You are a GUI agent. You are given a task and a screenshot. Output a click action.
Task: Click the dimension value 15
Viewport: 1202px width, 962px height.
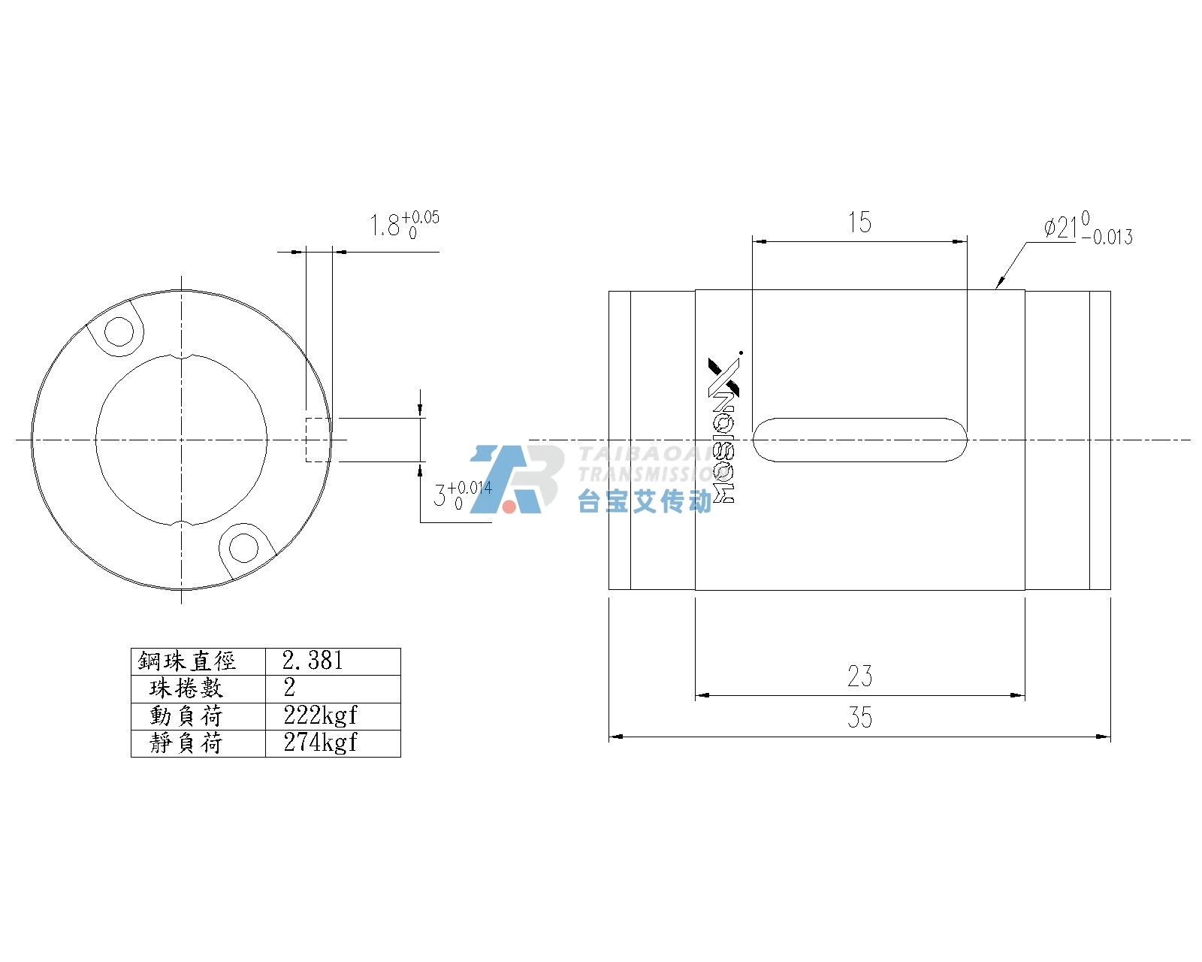(x=859, y=222)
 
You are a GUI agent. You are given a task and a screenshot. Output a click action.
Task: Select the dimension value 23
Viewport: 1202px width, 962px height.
(x=859, y=676)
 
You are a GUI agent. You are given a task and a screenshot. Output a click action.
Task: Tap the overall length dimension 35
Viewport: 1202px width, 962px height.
(x=859, y=718)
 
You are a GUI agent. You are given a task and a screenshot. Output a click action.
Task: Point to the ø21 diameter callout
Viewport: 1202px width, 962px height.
(x=1088, y=228)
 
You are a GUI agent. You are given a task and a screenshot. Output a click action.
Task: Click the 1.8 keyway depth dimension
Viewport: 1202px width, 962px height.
(x=405, y=225)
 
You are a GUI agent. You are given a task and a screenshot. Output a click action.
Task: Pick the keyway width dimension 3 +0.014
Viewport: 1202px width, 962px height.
(x=463, y=495)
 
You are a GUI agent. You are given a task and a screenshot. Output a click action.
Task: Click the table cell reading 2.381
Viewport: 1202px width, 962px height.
(x=313, y=661)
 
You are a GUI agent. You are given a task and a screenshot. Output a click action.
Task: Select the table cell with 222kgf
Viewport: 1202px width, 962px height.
(x=320, y=715)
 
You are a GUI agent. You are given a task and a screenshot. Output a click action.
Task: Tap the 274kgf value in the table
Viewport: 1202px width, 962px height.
(x=320, y=743)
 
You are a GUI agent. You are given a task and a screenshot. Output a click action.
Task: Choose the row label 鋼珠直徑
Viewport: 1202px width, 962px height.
(x=187, y=661)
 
